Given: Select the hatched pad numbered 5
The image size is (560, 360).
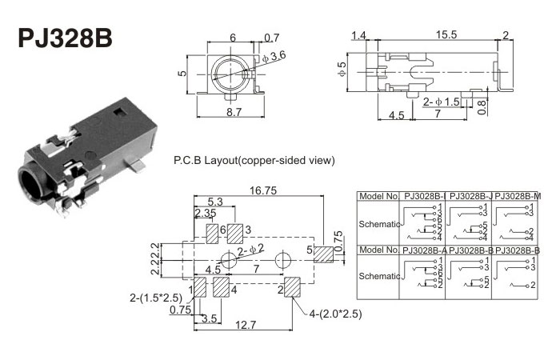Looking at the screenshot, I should (323, 255).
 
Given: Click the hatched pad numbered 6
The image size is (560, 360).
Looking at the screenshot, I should (214, 233).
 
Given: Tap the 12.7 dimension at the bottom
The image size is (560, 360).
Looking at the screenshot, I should (246, 325).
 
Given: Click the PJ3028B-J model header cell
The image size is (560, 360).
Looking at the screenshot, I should (471, 196).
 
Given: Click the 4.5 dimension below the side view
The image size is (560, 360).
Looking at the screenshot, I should (396, 115).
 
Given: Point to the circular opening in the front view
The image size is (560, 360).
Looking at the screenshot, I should (232, 72).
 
